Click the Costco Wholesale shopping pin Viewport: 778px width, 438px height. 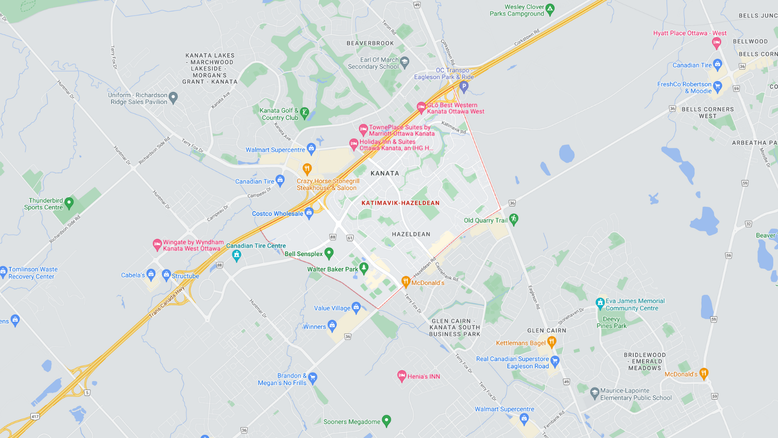[x=309, y=213]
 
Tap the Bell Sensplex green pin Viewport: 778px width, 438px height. [x=329, y=253]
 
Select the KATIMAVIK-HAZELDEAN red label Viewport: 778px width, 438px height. [x=400, y=203]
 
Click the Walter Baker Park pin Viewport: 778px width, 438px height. [x=364, y=268]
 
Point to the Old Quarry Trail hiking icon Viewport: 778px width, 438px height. [x=513, y=219]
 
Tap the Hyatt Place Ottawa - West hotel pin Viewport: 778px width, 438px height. [x=716, y=43]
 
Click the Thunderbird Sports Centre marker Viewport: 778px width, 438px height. [x=69, y=203]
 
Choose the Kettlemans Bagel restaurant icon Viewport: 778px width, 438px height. [x=551, y=341]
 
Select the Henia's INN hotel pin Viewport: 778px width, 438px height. [x=402, y=376]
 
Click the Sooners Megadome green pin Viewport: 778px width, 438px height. [x=387, y=420]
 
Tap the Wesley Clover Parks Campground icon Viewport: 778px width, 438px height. [x=550, y=9]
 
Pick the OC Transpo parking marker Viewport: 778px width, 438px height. [x=464, y=86]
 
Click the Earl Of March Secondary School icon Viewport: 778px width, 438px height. [x=405, y=62]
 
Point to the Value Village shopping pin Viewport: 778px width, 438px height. [x=356, y=307]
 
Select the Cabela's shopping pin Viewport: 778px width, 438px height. [x=151, y=274]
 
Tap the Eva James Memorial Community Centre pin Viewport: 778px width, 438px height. [x=600, y=302]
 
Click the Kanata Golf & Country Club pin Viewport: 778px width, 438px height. [x=305, y=113]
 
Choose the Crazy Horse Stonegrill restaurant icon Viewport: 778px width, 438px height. [x=307, y=169]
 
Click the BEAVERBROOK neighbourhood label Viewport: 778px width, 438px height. [x=370, y=43]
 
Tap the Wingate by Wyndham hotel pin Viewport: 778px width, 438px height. [x=157, y=245]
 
